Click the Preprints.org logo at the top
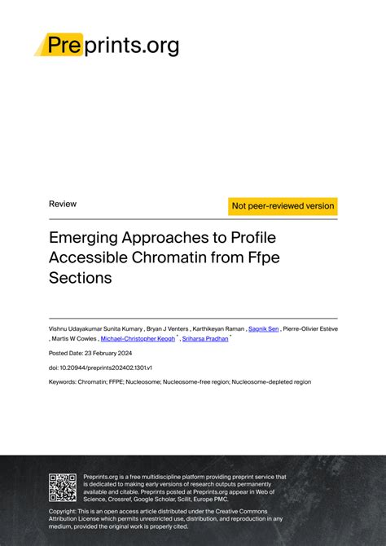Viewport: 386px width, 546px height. point(107,45)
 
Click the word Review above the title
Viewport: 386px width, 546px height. point(63,204)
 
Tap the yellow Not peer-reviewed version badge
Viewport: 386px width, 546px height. point(283,206)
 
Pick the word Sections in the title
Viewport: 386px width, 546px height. point(80,277)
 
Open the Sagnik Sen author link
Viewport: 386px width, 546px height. point(264,328)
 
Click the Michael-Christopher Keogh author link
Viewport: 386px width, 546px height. point(138,339)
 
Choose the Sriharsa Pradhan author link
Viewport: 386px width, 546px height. point(205,339)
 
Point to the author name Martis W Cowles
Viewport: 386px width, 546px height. point(73,339)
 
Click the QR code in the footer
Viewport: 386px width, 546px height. point(62,487)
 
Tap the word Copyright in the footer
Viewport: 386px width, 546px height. point(65,511)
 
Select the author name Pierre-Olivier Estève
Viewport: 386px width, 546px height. point(310,328)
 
